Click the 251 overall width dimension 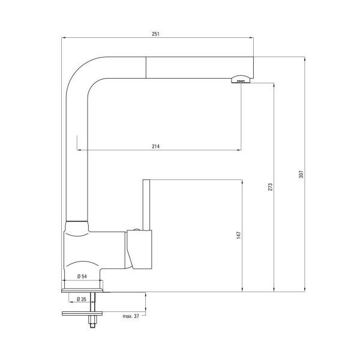pyautogui.click(x=158, y=34)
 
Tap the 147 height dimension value pyautogui.click(x=238, y=236)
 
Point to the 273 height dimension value pyautogui.click(x=271, y=186)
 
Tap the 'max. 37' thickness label pyautogui.click(x=130, y=316)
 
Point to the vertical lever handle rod pyautogui.click(x=145, y=204)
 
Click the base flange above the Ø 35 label pyautogui.click(x=84, y=290)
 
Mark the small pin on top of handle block pyautogui.click(x=136, y=229)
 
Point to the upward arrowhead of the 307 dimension pyautogui.click(x=304, y=59)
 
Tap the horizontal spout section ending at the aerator pyautogui.click(x=198, y=67)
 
